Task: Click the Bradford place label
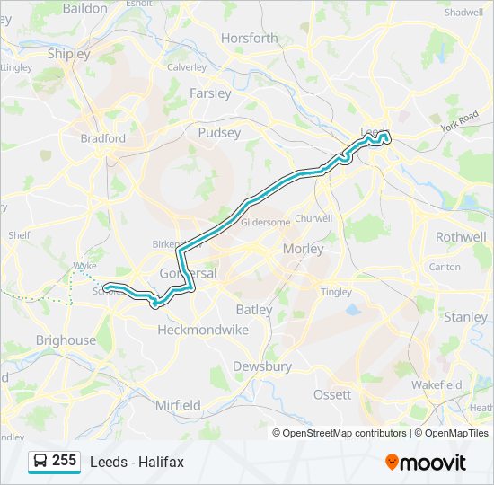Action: click(103, 139)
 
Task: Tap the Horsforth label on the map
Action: click(249, 39)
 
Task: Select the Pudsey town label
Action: click(219, 133)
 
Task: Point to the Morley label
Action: click(302, 249)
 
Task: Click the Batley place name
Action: click(253, 310)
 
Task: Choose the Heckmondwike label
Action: click(202, 330)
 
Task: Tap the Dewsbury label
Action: click(262, 366)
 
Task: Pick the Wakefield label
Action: click(437, 384)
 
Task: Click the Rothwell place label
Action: click(460, 237)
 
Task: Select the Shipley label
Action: click(68, 54)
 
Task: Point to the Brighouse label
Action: click(66, 340)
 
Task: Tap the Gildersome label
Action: click(266, 221)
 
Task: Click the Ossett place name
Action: click(332, 395)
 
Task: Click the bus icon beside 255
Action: click(40, 461)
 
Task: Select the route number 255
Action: click(64, 461)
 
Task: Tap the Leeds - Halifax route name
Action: click(137, 462)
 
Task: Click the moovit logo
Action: click(426, 463)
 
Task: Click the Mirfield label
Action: click(178, 406)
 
